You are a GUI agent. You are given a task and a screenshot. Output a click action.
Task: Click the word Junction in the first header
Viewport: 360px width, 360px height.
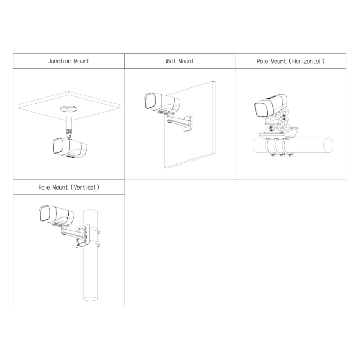click(60, 61)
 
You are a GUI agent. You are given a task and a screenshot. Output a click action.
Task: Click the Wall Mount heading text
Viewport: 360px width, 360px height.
click(180, 61)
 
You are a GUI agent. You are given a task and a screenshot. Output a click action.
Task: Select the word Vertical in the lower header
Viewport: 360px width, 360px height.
click(84, 187)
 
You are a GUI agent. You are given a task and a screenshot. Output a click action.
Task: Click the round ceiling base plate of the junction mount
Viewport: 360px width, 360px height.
click(69, 108)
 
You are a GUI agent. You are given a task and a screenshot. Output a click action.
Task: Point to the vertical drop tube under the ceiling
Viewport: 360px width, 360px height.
click(69, 120)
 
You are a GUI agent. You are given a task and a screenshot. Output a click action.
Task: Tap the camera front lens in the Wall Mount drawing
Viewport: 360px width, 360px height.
click(150, 101)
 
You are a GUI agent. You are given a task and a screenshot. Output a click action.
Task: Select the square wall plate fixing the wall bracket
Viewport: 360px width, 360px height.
click(188, 123)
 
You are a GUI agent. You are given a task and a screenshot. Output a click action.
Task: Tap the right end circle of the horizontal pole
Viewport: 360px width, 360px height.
click(328, 145)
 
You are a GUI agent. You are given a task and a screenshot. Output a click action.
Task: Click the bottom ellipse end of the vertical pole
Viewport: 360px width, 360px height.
click(90, 299)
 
